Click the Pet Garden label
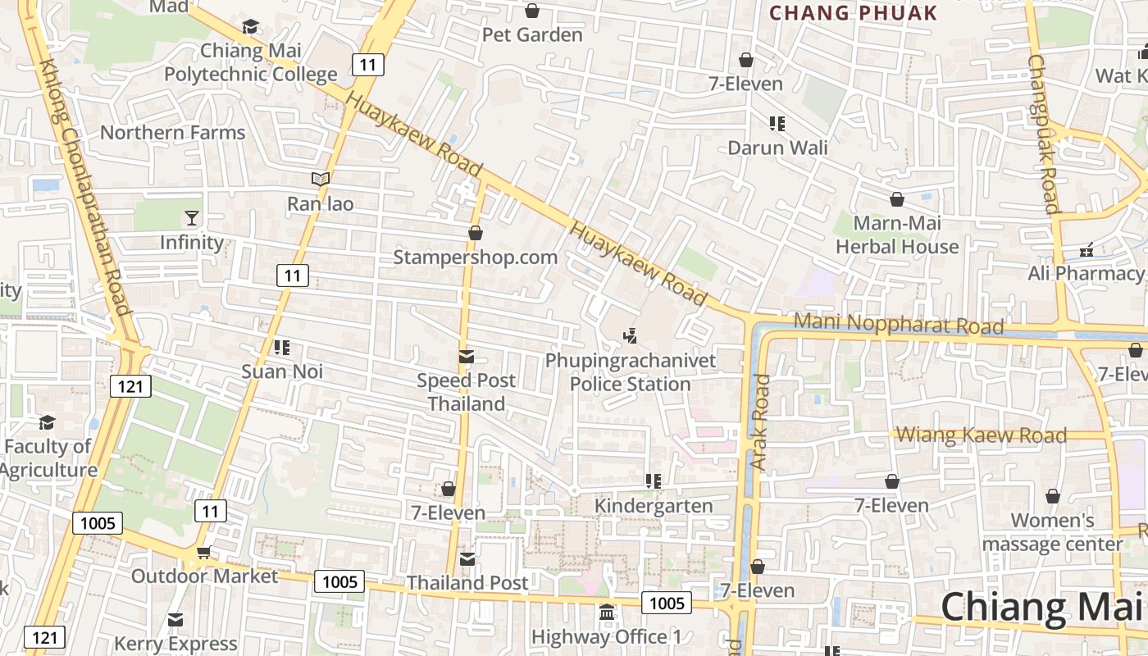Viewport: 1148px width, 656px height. [532, 34]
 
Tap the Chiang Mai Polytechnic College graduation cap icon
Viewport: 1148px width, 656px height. [250, 27]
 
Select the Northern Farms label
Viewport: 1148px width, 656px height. [172, 132]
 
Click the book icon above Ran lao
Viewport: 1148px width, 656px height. [320, 179]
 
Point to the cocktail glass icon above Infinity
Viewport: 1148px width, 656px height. [191, 218]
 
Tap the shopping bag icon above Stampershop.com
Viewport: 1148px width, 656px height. [475, 233]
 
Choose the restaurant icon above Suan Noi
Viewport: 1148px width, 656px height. [282, 348]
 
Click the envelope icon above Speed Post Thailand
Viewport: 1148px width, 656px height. [467, 357]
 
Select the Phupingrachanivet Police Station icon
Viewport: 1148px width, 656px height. [631, 335]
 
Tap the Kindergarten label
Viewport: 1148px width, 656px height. [654, 505]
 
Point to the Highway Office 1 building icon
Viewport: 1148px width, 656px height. [607, 613]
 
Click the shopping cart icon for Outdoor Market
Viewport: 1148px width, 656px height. [203, 553]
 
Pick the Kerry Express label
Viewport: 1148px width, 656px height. [175, 644]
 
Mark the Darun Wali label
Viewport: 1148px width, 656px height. [777, 148]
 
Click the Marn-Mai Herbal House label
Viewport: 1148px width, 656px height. [897, 235]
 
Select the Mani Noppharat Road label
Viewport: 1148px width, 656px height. [899, 323]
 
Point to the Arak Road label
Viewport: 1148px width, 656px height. [759, 422]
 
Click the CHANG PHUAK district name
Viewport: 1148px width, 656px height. [853, 13]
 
